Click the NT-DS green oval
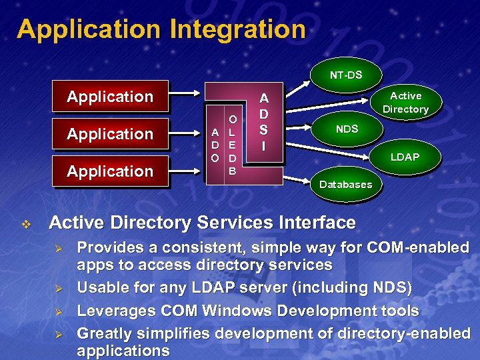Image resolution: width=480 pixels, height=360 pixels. (346, 75)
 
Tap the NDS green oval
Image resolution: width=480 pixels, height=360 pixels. (346, 129)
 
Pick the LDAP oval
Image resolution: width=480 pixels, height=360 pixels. (405, 157)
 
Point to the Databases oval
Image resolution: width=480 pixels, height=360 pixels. (346, 184)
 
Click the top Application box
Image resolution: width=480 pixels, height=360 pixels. (110, 97)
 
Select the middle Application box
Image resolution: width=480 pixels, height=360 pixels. (110, 134)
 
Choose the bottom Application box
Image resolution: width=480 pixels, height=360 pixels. (110, 171)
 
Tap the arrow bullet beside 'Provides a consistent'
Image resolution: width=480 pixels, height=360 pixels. (58, 248)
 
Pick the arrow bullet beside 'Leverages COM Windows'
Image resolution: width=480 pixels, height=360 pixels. (58, 311)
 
